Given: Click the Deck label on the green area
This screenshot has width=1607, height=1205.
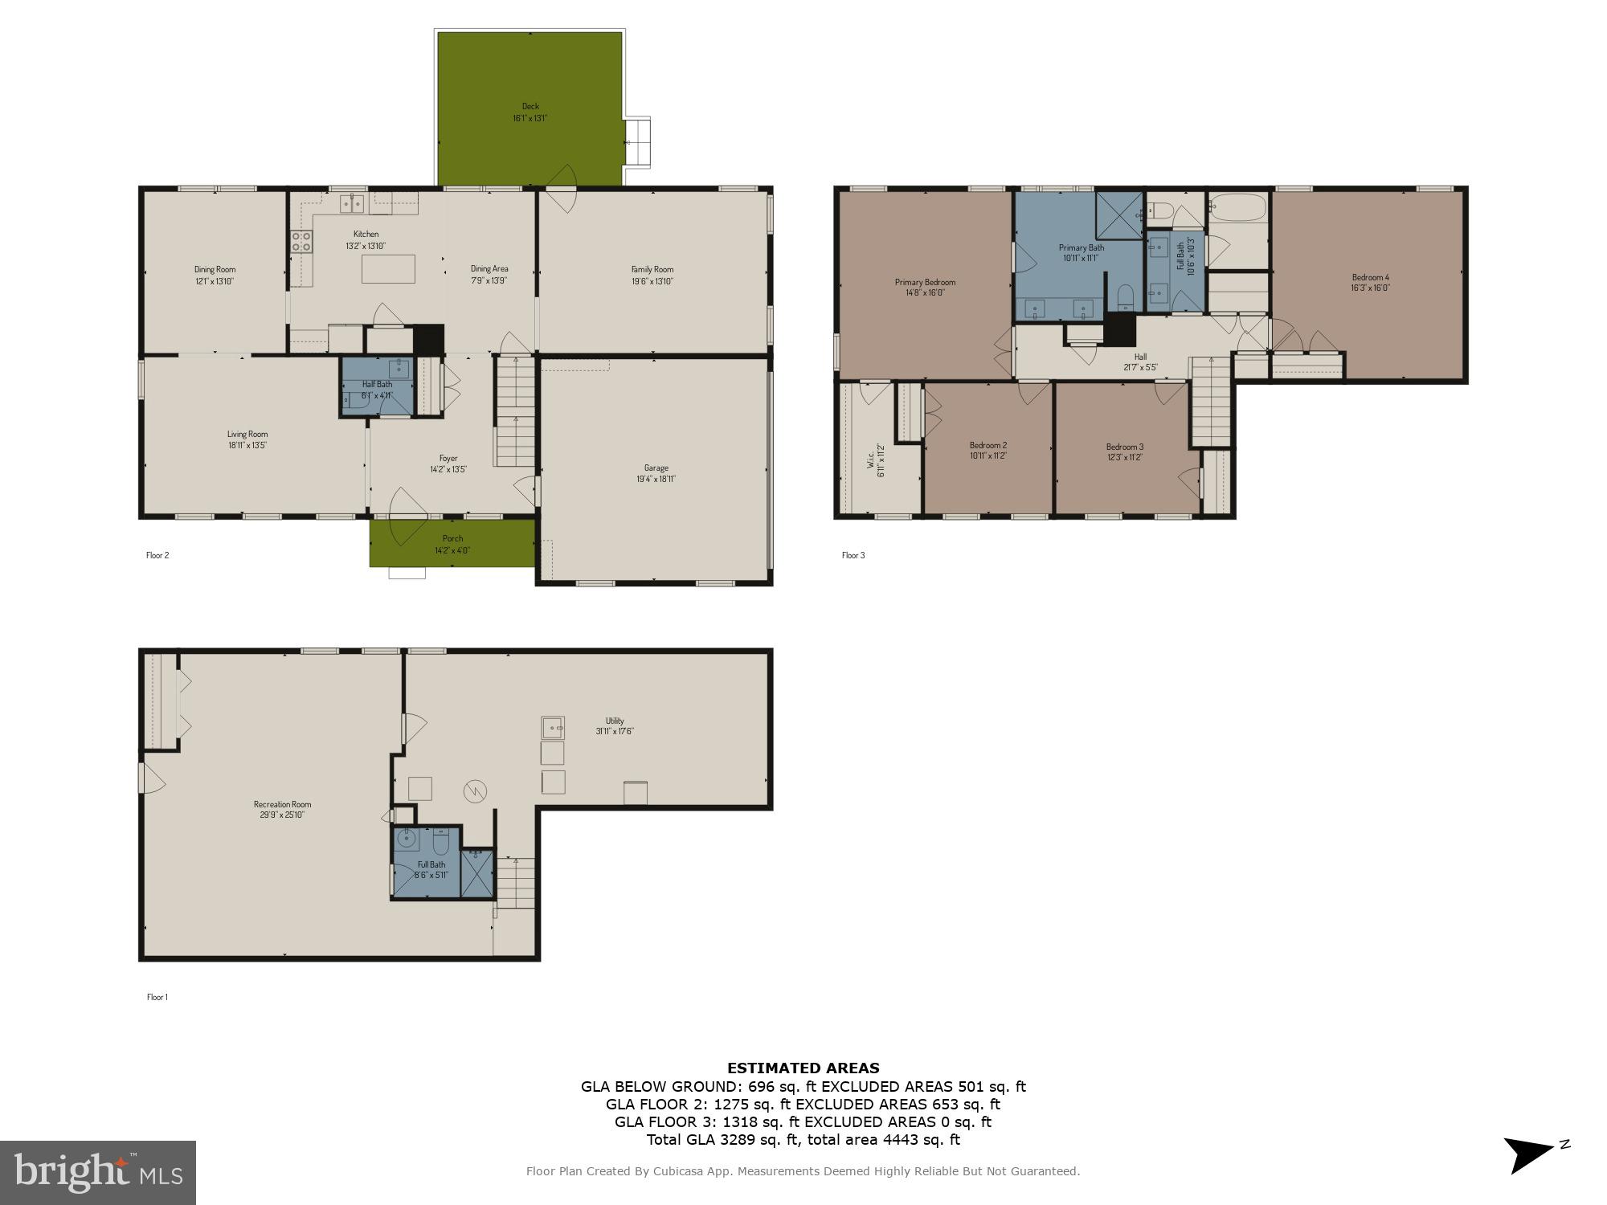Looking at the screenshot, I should click(x=530, y=106).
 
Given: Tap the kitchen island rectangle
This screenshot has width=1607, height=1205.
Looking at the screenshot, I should click(x=388, y=268).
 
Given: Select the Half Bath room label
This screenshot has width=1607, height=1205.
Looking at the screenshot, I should click(x=377, y=384).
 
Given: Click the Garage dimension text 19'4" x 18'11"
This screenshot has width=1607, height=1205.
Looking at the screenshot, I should click(x=656, y=480).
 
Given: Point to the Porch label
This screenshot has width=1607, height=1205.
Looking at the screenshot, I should click(x=452, y=539).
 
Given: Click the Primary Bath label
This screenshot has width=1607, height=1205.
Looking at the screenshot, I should click(x=1081, y=247).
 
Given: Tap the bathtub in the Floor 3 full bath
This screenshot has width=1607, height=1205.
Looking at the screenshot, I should click(x=1237, y=208).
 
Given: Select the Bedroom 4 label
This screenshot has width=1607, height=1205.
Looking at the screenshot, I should click(x=1370, y=277).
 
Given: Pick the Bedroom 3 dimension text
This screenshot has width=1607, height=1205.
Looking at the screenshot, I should click(x=1124, y=457).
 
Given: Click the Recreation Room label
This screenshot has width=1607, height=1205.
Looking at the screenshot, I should click(x=282, y=804).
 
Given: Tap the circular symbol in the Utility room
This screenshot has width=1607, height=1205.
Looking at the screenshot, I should click(x=475, y=792).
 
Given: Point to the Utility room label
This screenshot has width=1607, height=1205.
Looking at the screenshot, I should click(x=615, y=721).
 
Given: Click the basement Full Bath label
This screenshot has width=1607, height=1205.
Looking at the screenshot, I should click(x=431, y=864).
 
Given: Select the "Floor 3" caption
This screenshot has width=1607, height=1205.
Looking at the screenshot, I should click(x=853, y=555).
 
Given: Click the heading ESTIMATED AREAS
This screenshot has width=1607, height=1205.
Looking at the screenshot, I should click(x=803, y=1068).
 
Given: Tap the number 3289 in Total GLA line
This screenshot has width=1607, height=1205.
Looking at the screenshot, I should click(x=729, y=1139).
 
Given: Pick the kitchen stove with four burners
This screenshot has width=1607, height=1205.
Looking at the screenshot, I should click(x=301, y=241).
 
